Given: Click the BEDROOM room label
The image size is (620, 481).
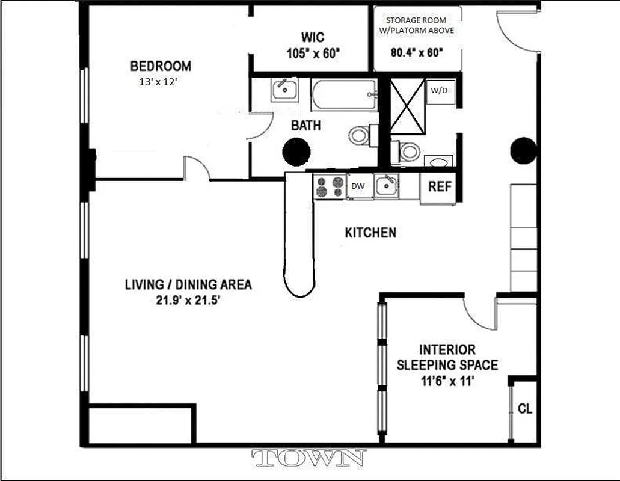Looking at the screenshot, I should (x=161, y=66).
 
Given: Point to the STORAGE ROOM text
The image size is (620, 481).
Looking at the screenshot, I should (x=417, y=20).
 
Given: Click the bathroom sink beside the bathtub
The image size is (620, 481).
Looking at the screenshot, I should (x=284, y=90).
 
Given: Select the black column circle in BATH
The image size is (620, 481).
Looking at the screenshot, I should (x=295, y=151).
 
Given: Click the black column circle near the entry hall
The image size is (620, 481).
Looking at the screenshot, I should (x=523, y=150).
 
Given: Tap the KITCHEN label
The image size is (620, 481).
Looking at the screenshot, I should (x=370, y=233).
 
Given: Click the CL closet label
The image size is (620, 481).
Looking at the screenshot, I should (x=525, y=409).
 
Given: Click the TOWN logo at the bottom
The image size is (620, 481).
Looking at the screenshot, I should (x=309, y=459).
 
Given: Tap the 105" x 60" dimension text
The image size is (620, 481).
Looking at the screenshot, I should (x=313, y=53).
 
